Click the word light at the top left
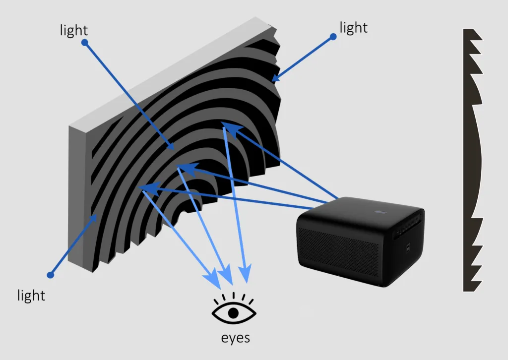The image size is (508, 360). tap(74, 30)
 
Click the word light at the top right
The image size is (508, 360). tap(354, 28)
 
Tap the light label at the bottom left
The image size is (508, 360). tap(31, 296)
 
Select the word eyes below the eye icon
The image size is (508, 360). tap(235, 338)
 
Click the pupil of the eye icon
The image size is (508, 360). tap(234, 313)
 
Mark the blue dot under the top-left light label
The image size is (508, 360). tap(84, 43)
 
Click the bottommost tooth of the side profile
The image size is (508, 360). tap(473, 285)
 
